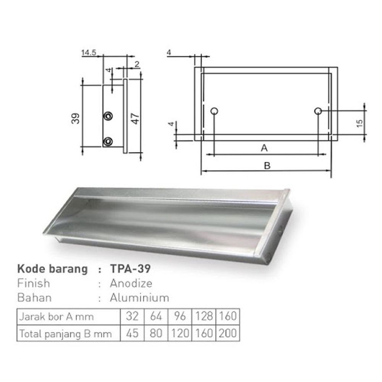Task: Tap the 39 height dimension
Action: tap(75, 117)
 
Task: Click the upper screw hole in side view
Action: tap(109, 115)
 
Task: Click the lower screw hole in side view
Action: tap(109, 141)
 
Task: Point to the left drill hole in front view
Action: tap(214, 111)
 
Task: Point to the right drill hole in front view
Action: tap(318, 111)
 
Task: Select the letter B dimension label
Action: tap(267, 165)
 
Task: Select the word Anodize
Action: tap(131, 283)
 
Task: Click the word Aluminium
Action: tap(139, 297)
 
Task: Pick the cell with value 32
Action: tap(132, 317)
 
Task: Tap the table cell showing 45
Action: tap(132, 333)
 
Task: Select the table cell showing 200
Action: tap(227, 333)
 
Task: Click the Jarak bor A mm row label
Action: tap(56, 317)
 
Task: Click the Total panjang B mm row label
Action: tap(65, 333)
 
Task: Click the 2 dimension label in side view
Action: tap(136, 64)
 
